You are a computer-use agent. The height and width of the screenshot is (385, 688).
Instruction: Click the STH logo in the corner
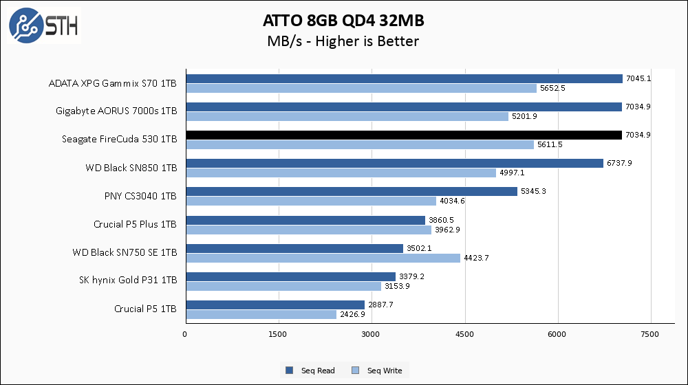43,27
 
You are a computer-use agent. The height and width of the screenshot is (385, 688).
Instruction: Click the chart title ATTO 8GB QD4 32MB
342,19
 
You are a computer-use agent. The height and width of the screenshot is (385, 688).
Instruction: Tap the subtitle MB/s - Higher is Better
343,41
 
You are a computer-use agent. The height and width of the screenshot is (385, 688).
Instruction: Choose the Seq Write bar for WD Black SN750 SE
323,258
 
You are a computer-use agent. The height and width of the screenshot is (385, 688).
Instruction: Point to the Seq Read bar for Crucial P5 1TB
275,305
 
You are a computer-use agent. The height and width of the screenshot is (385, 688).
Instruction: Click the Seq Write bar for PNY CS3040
310,201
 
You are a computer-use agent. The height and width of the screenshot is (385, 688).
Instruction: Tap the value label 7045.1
638,78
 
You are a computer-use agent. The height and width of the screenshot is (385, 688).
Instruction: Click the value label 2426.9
353,314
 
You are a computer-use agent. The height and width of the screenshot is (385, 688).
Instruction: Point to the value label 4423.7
476,258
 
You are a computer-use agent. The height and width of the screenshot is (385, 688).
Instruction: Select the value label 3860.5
441,220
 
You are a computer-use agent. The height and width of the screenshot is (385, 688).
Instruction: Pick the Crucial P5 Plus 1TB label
136,224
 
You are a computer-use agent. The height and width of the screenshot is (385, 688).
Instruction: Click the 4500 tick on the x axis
464,335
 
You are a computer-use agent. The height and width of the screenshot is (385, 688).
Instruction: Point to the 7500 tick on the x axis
651,335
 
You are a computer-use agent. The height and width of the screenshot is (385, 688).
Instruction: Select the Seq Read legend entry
311,371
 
